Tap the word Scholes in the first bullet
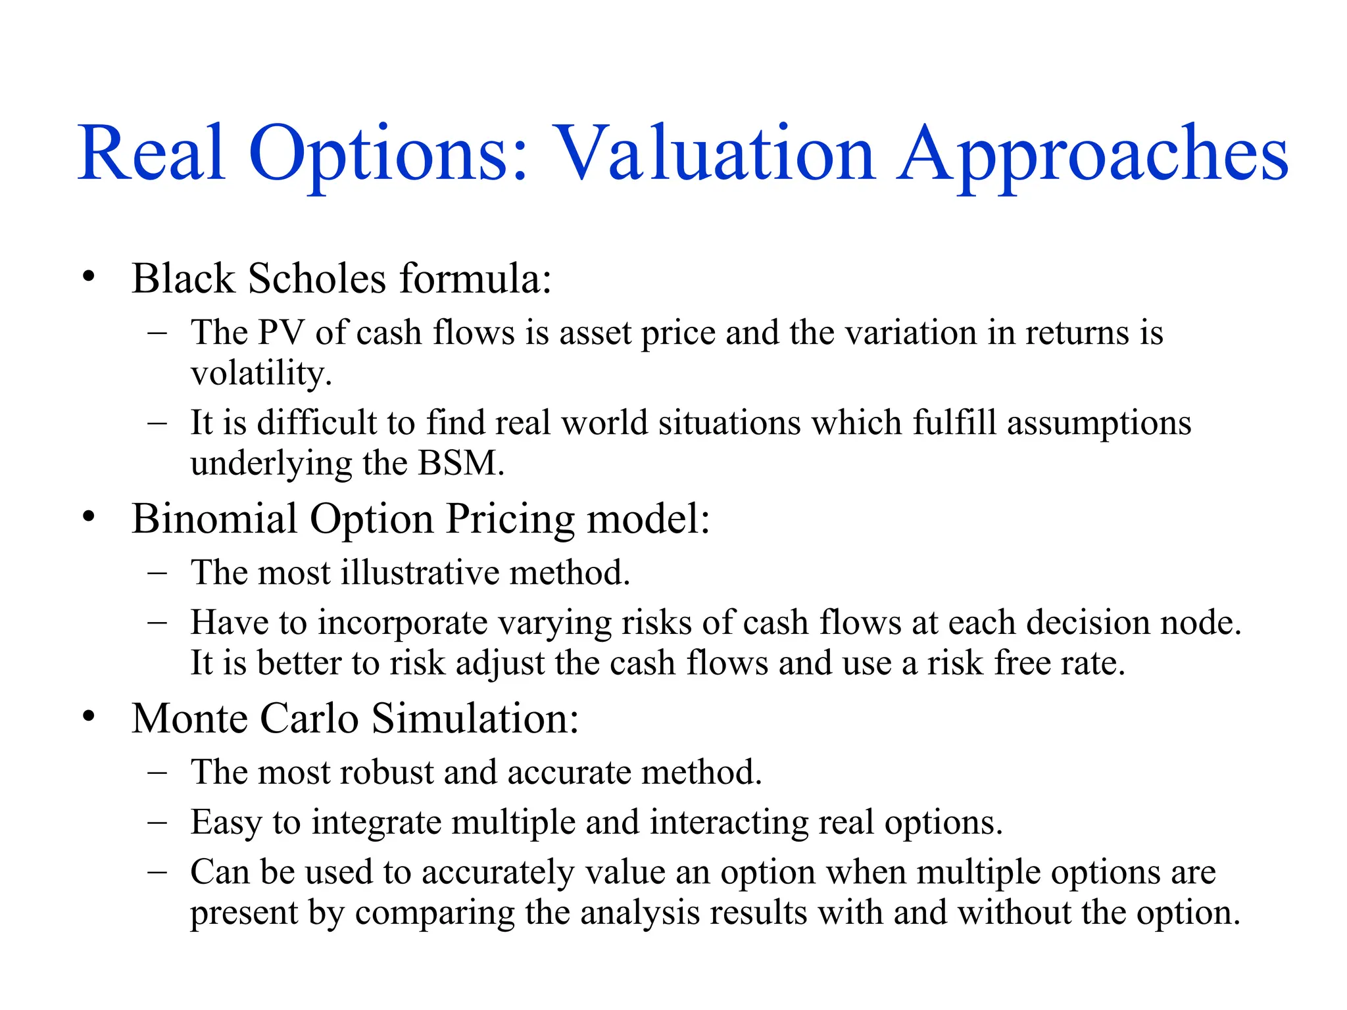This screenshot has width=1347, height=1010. coord(317,278)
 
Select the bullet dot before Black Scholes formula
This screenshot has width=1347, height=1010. coord(89,276)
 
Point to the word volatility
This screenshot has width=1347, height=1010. coord(260,374)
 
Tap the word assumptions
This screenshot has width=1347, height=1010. coord(1099,423)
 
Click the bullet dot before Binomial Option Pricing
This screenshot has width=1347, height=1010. coord(89,517)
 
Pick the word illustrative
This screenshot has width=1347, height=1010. coord(420,572)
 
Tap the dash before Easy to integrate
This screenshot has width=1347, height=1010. coord(157,822)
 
